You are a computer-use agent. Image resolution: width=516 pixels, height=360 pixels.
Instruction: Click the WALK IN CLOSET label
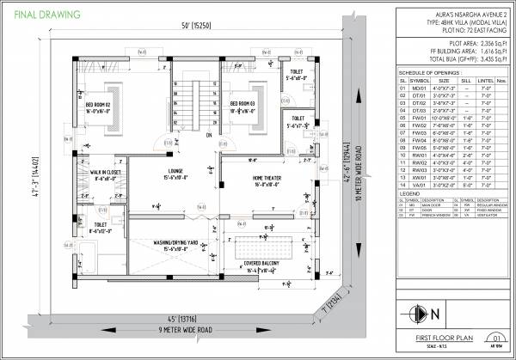pyautogui.click(x=106, y=173)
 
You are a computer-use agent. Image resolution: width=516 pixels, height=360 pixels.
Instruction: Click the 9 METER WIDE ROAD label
pyautogui.click(x=175, y=330)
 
